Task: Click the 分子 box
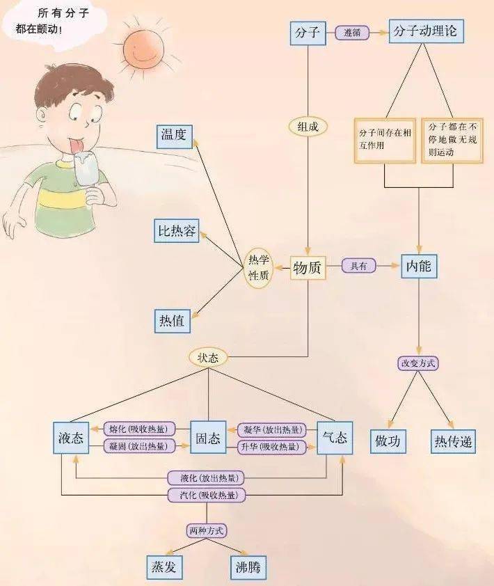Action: (308, 33)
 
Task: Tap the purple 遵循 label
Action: (352, 33)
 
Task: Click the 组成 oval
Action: (308, 126)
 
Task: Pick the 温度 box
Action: (173, 135)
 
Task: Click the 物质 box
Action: (308, 268)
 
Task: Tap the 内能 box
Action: (419, 266)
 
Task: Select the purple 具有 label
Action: (358, 266)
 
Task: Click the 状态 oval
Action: (208, 358)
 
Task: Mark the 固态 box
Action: (208, 438)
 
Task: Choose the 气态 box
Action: (335, 438)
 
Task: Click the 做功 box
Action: (388, 441)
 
